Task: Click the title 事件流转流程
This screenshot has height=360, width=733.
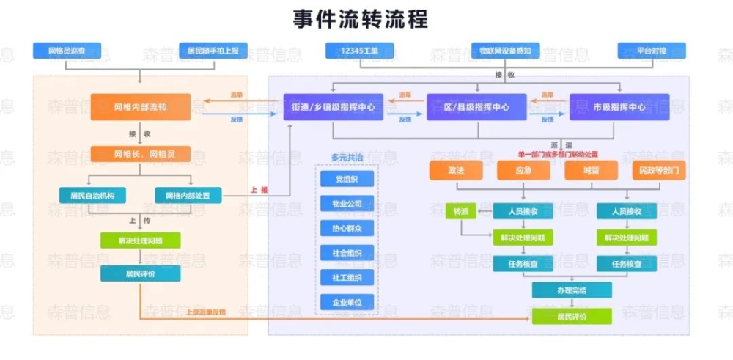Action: pyautogui.click(x=360, y=18)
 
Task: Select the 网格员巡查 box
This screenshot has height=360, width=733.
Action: pyautogui.click(x=67, y=51)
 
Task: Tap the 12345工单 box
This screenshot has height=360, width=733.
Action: pyautogui.click(x=359, y=51)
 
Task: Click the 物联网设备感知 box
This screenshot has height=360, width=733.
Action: pyautogui.click(x=505, y=51)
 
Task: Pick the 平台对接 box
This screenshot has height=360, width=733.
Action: pyautogui.click(x=651, y=51)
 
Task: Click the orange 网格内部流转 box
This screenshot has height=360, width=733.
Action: pyautogui.click(x=140, y=107)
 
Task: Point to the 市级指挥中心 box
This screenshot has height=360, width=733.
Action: pyautogui.click(x=619, y=107)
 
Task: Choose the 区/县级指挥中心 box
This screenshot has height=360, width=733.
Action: pyautogui.click(x=476, y=107)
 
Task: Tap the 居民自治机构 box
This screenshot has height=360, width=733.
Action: pyautogui.click(x=92, y=196)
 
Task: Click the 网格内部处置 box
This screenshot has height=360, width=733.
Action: pyautogui.click(x=188, y=196)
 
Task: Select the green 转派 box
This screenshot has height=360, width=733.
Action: pyautogui.click(x=460, y=211)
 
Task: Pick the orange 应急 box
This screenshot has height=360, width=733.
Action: pyautogui.click(x=523, y=170)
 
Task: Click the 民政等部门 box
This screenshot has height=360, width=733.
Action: pyautogui.click(x=659, y=170)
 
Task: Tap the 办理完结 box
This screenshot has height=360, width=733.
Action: pyautogui.click(x=572, y=290)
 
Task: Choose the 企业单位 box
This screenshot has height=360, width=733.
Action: pyautogui.click(x=347, y=302)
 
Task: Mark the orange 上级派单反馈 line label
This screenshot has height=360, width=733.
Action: pyautogui.click(x=206, y=312)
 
